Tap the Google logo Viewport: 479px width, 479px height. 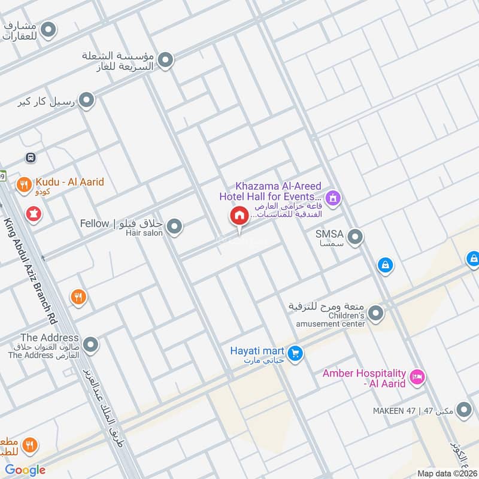pos(26,470)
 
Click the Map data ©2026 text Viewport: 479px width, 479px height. pos(446,473)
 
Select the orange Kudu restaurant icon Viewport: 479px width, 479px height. pos(24,185)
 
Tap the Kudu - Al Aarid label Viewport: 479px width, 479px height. pos(69,181)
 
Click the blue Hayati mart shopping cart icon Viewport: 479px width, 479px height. pos(294,354)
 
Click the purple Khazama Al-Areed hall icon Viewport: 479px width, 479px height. pos(334,197)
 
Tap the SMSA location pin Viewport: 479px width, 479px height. pos(356,238)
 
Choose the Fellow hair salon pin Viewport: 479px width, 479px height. pos(175,226)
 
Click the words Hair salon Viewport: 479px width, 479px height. pos(144,233)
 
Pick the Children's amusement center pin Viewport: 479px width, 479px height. pos(376,313)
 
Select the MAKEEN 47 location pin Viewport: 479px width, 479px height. pos(463,410)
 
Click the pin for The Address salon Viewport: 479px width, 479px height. pos(90,345)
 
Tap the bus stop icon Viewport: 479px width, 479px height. pos(29,157)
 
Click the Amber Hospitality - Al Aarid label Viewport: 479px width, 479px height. pos(364,378)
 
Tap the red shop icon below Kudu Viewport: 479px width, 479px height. pos(32,213)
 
